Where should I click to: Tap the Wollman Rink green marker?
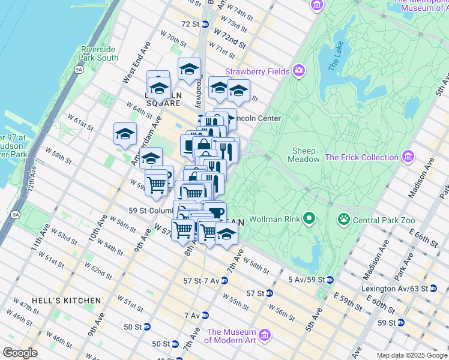tap(309, 218)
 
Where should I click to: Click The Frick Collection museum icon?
tap(408, 157)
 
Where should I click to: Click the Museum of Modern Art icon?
tap(265, 334)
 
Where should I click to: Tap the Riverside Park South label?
tap(99, 53)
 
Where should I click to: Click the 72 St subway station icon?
tap(205, 24)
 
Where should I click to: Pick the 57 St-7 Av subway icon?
tap(223, 280)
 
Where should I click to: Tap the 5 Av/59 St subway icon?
tap(330, 280)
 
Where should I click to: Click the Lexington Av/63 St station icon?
tap(433, 289)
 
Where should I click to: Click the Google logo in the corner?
tap(20, 353)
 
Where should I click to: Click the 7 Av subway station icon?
tap(205, 315)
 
